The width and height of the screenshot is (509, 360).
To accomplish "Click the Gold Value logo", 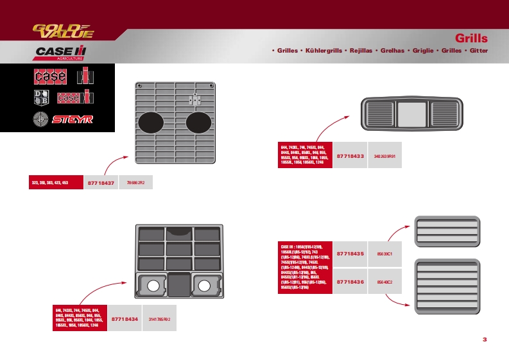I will (x=63, y=31).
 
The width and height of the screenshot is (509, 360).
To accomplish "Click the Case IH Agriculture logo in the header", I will (x=61, y=52).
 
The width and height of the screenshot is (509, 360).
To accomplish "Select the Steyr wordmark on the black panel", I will (x=73, y=119).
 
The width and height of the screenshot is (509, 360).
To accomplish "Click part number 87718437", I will (x=101, y=184).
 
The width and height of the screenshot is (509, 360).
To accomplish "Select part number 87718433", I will (x=350, y=155).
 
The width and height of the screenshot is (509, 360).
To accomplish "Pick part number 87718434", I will (x=125, y=318).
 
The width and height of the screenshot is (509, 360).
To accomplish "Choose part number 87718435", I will (x=350, y=254).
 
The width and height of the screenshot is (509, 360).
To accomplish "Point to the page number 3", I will (x=485, y=339).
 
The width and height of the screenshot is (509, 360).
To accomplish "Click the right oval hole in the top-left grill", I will (x=199, y=121).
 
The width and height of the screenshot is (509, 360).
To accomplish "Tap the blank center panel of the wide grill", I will (x=410, y=114).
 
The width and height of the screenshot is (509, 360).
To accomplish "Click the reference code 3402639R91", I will (x=384, y=156).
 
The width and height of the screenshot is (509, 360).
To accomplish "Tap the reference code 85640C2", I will (x=384, y=282).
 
